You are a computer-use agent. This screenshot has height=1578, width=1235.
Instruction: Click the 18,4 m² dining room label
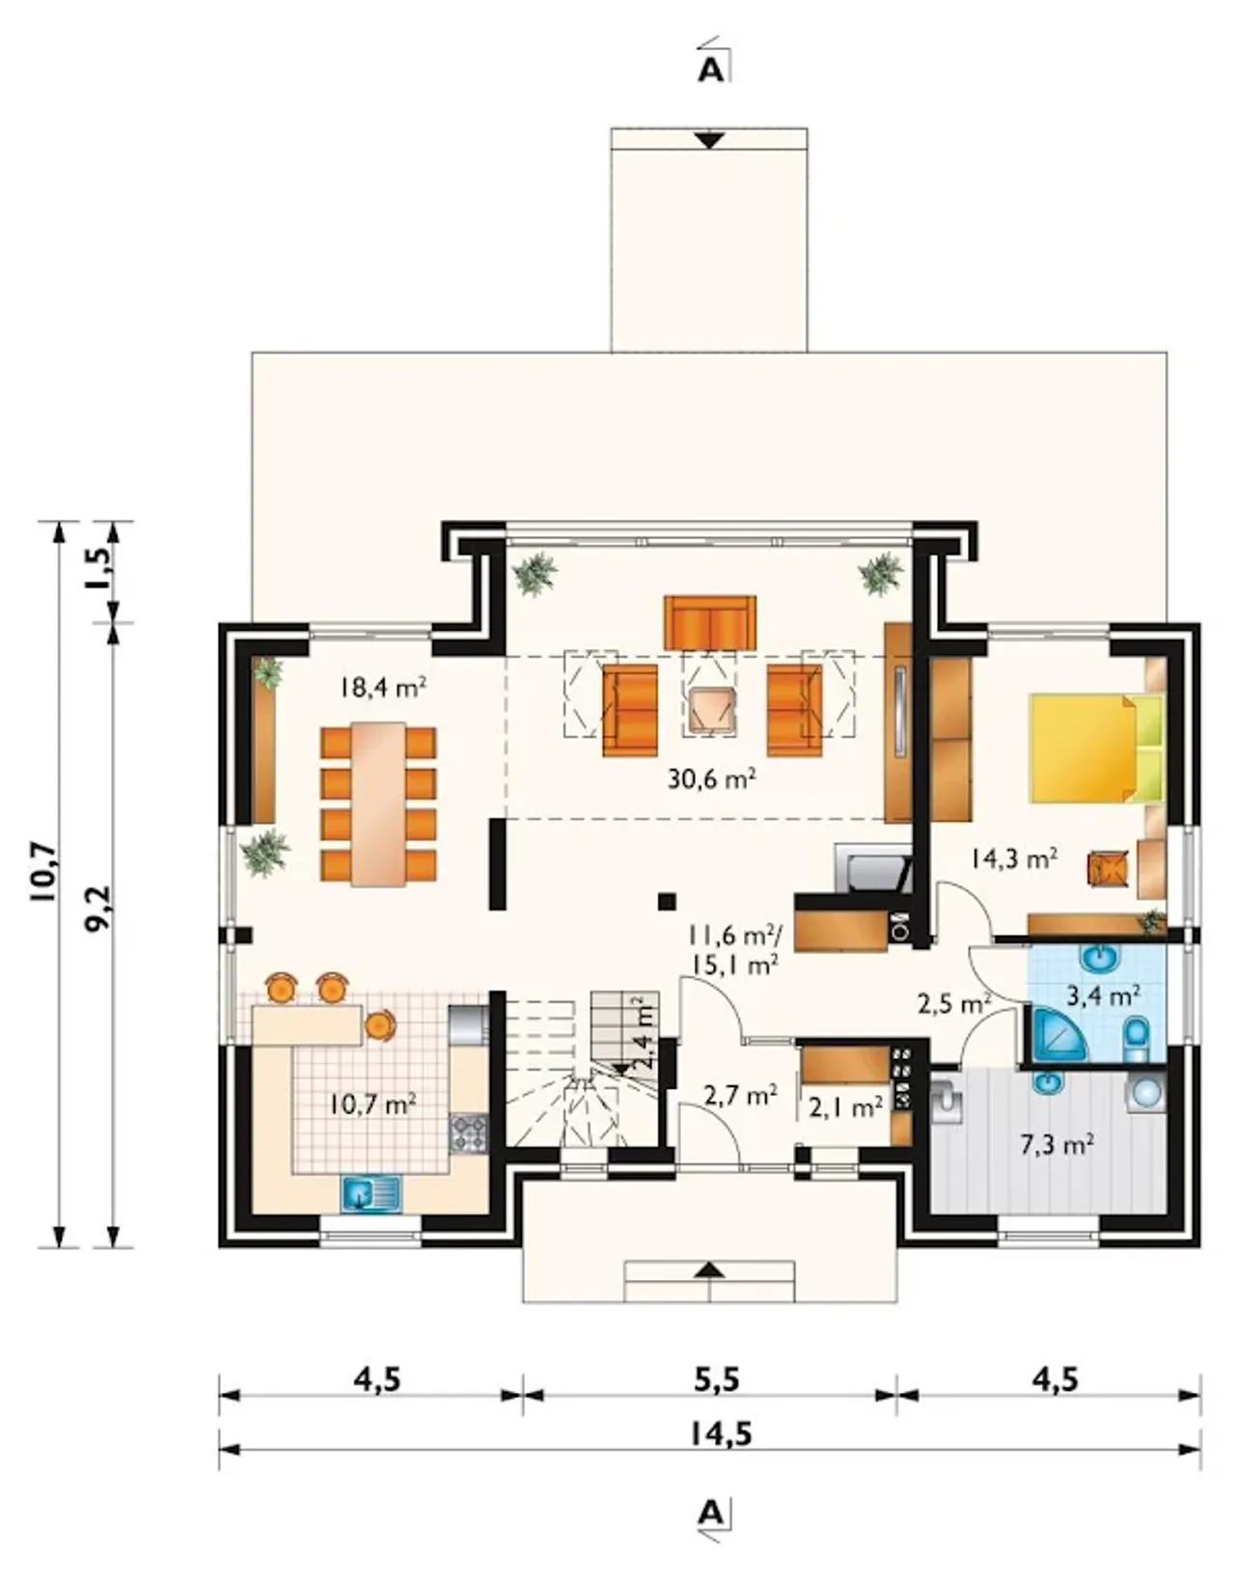click(x=383, y=686)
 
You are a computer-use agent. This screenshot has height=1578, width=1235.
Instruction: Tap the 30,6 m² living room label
click(x=712, y=779)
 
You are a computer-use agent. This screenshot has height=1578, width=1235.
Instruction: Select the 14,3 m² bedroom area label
click(x=1013, y=858)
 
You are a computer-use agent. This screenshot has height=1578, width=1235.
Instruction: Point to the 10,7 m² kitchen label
click(x=371, y=1105)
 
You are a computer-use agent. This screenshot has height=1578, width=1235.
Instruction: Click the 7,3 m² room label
click(x=1057, y=1145)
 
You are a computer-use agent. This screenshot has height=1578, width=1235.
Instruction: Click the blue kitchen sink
click(x=371, y=1192)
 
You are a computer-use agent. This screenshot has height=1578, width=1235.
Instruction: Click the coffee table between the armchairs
click(x=708, y=707)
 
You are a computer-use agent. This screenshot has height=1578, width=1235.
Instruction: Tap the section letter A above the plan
click(x=710, y=70)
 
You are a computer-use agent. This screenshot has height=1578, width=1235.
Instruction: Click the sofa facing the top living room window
click(x=709, y=622)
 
